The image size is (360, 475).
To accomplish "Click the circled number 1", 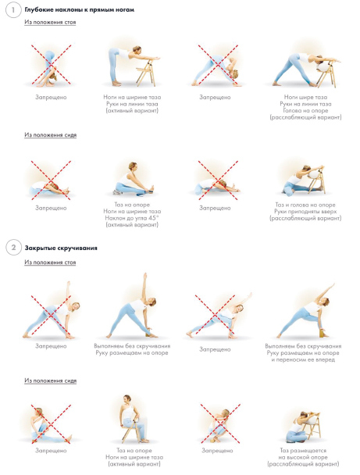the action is click(x=13, y=10).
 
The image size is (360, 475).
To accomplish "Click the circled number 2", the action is click(x=13, y=248).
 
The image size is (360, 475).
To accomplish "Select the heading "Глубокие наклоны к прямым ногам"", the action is click(x=80, y=9).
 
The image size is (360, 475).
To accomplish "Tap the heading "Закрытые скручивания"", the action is click(x=61, y=248).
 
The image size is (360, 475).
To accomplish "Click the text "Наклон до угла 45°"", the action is click(x=132, y=218).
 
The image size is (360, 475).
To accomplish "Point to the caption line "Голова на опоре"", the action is click(x=305, y=110).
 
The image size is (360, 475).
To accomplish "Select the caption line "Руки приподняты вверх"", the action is click(x=305, y=211).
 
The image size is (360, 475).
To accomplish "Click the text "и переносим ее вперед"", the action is click(x=303, y=359).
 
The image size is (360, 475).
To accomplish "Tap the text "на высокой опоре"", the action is click(x=303, y=457).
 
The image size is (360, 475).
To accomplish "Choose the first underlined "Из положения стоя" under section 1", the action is click(x=50, y=22).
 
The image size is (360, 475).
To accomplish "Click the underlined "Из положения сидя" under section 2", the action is click(x=50, y=380).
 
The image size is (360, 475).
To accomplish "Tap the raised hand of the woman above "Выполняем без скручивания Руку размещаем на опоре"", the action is click(x=145, y=276).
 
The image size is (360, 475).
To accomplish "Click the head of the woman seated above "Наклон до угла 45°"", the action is click(x=133, y=166).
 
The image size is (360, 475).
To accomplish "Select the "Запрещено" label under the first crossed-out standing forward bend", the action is click(x=51, y=97).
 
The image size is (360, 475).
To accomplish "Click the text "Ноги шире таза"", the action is click(x=305, y=97).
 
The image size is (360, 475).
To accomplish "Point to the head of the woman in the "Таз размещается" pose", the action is click(x=303, y=416).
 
